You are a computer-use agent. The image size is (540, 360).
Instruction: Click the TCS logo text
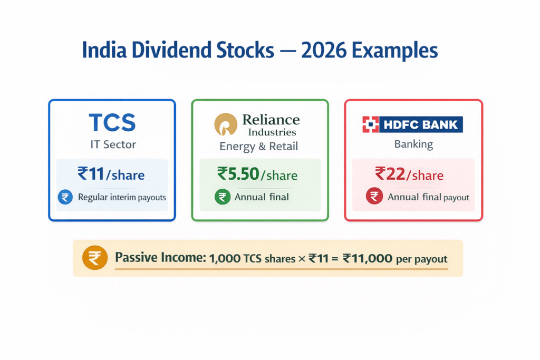(112, 123)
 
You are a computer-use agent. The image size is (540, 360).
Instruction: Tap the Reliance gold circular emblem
(226, 125)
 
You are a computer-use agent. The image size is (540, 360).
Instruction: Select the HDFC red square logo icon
(371, 125)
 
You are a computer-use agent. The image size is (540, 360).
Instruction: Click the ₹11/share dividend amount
(111, 174)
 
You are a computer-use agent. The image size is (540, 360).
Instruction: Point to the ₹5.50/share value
(257, 174)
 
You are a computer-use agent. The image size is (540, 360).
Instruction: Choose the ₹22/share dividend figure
(409, 174)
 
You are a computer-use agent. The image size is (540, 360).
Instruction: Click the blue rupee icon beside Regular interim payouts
(65, 198)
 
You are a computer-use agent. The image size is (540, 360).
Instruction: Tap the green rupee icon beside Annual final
(222, 198)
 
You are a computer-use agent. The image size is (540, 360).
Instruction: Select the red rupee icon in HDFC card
(373, 197)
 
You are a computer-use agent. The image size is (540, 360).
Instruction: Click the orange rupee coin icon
(94, 259)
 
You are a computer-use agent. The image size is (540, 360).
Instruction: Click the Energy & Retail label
(258, 147)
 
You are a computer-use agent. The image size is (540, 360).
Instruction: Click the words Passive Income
(160, 259)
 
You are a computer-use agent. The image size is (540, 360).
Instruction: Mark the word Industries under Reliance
(269, 132)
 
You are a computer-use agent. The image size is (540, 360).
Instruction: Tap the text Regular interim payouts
(122, 198)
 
